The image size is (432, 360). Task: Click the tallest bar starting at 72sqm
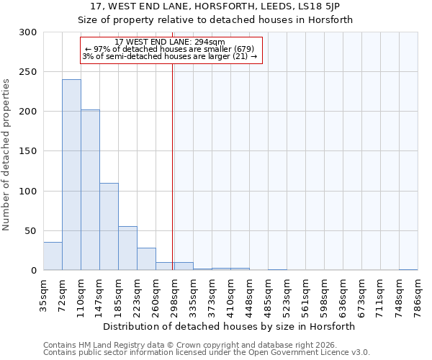click(x=71, y=175)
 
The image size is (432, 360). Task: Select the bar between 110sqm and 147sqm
click(x=90, y=190)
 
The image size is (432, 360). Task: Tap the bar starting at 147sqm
click(x=109, y=227)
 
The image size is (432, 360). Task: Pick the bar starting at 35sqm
click(x=53, y=256)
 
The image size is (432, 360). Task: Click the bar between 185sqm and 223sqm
click(x=127, y=248)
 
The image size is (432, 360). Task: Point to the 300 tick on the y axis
click(x=28, y=32)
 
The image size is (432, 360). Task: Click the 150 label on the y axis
click(x=28, y=151)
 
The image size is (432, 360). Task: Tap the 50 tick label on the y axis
click(x=31, y=231)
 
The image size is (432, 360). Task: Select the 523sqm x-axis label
click(x=287, y=294)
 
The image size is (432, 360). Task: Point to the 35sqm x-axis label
click(x=44, y=294)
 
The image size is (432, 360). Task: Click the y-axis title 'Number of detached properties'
click(x=7, y=156)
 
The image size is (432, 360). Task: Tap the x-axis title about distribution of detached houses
click(x=230, y=326)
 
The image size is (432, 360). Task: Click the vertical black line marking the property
click(x=173, y=166)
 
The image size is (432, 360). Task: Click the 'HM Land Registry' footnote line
click(x=195, y=345)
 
